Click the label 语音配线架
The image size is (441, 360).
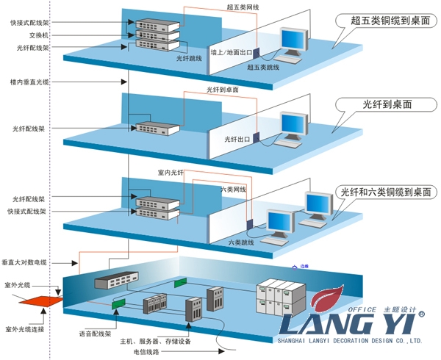[x=96, y=333]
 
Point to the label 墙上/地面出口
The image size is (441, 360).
[x=232, y=53]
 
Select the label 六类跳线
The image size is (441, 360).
[x=241, y=242]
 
